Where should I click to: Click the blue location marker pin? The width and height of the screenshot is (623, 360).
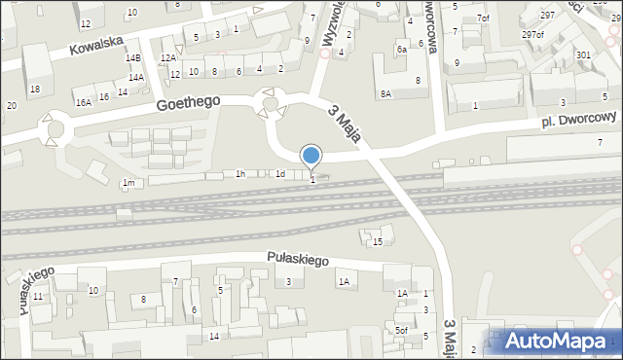click(311, 156)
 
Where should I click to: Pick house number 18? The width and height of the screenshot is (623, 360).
click(35, 90)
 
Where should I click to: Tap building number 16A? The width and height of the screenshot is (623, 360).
click(84, 101)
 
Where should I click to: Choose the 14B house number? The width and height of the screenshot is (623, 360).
click(133, 58)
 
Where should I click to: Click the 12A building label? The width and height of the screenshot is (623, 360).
click(168, 58)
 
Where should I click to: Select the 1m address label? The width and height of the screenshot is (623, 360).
click(128, 183)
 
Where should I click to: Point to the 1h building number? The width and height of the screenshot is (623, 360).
click(239, 173)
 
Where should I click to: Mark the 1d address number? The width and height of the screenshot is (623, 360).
click(279, 174)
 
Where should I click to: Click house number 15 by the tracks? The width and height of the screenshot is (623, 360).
click(378, 241)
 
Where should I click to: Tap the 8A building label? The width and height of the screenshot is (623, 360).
click(385, 93)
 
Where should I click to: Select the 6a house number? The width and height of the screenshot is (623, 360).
click(401, 49)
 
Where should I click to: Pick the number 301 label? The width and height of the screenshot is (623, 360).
click(583, 55)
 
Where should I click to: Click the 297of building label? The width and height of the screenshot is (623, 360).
click(532, 34)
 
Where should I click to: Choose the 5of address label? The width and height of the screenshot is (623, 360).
click(400, 331)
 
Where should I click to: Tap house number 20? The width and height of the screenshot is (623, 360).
click(11, 105)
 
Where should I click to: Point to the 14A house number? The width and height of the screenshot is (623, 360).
click(136, 77)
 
